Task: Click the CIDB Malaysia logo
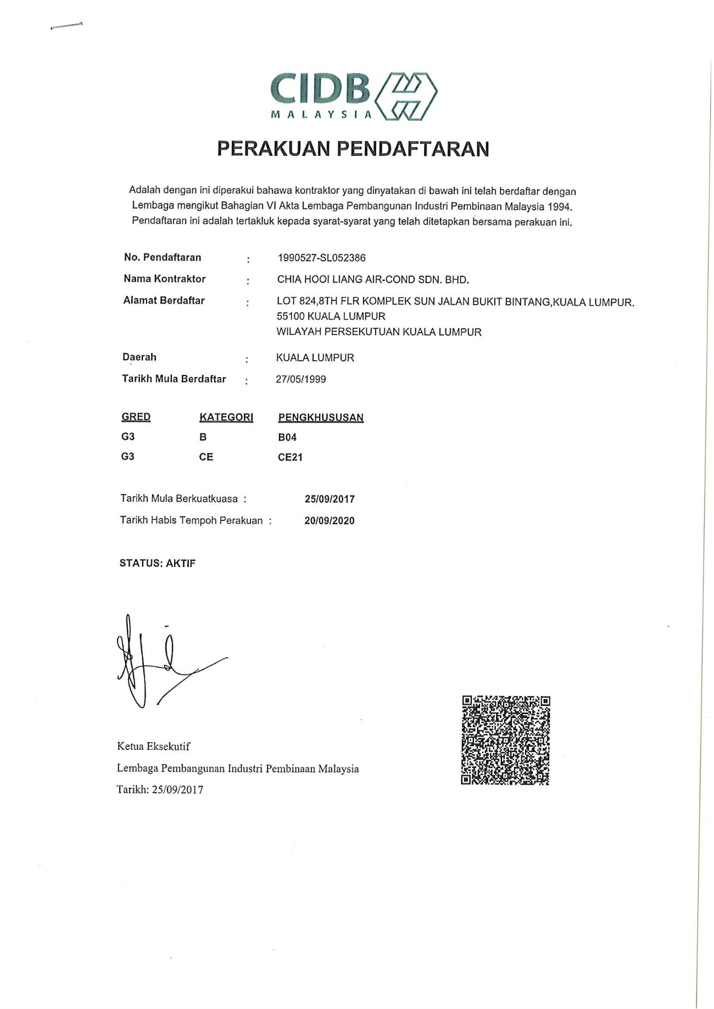point(354,96)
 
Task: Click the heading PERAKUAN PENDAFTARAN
point(353,149)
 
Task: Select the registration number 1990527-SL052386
point(321,258)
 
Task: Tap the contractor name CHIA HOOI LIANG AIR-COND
point(372,279)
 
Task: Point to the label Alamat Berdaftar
point(164,300)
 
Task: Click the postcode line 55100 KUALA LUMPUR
point(331,316)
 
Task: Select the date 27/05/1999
point(300,379)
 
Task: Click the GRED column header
point(136,417)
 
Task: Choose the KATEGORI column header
point(226,417)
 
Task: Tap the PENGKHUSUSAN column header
point(321,417)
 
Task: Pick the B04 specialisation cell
point(287,438)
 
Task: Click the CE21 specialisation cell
point(290,457)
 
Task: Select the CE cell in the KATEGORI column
point(206,457)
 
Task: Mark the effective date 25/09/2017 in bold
point(330,499)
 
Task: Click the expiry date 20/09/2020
point(330,520)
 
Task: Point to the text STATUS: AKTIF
point(157,563)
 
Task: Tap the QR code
point(505,740)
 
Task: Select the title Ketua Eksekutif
point(153,747)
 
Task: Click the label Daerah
point(139,357)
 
